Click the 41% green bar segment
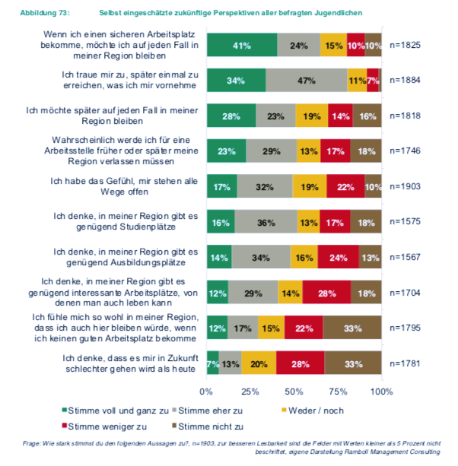click(x=242, y=46)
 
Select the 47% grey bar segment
click(x=307, y=80)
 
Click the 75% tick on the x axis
click(x=338, y=392)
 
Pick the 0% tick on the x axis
click(x=206, y=392)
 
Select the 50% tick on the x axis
click(x=294, y=392)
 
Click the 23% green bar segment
click(x=226, y=151)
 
